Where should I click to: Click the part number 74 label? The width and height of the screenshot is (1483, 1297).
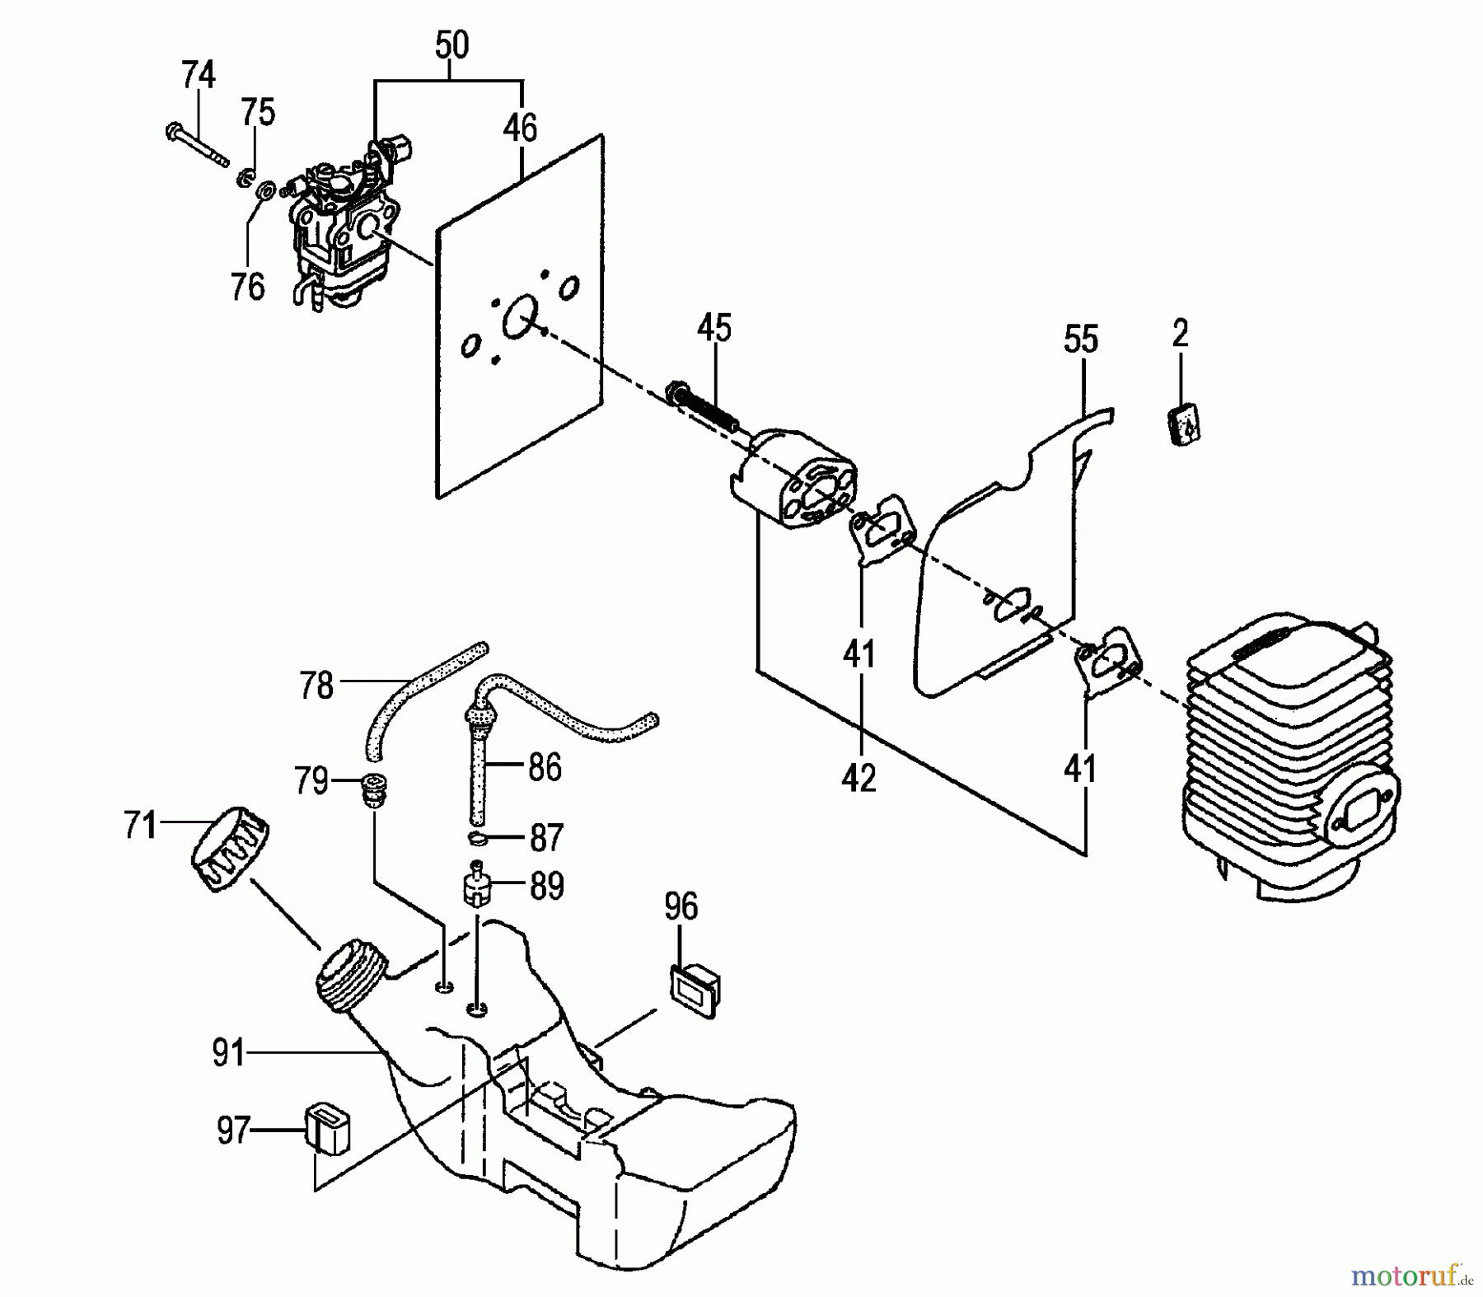(x=198, y=75)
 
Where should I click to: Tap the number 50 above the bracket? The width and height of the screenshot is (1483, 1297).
(x=451, y=45)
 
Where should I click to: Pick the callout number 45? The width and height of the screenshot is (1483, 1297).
(x=713, y=329)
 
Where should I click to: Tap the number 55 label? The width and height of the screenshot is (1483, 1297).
(x=1081, y=339)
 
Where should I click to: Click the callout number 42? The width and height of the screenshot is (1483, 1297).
(x=858, y=778)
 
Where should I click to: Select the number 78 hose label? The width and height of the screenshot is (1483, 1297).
(x=316, y=686)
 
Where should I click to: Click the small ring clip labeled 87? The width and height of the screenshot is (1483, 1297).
(x=476, y=839)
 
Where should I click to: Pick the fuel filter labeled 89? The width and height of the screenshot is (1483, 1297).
(x=475, y=887)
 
